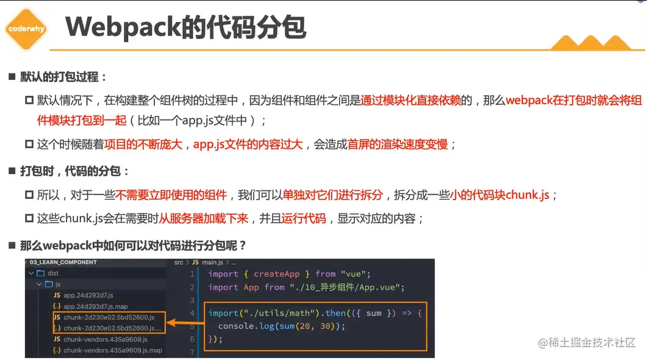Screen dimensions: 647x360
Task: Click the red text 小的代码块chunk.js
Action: [499, 195]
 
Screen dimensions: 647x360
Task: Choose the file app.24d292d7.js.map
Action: [96, 306]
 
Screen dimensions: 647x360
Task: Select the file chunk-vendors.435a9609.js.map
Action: [113, 350]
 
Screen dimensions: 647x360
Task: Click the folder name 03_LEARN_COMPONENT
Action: [63, 262]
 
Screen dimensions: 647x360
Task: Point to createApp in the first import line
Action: [277, 274]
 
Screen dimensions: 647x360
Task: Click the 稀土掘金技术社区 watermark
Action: [587, 342]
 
